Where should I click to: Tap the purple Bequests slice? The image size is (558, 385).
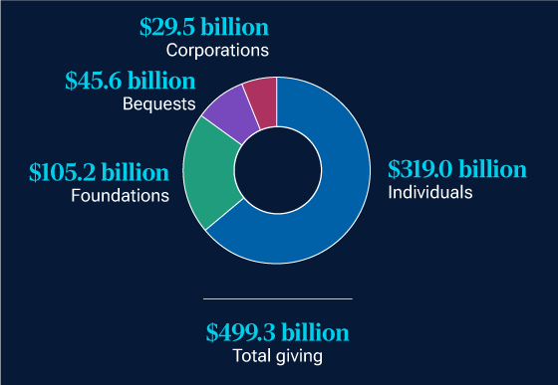pyautogui.click(x=231, y=110)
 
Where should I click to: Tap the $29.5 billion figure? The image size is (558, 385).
pyautogui.click(x=205, y=26)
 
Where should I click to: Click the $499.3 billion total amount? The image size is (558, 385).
pyautogui.click(x=278, y=332)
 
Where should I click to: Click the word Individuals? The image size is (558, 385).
pyautogui.click(x=430, y=191)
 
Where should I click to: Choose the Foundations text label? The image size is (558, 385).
pyautogui.click(x=120, y=196)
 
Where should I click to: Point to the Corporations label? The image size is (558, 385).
pyautogui.click(x=218, y=49)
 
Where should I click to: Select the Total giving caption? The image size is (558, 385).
pyautogui.click(x=278, y=355)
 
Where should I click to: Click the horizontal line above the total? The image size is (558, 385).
pyautogui.click(x=278, y=298)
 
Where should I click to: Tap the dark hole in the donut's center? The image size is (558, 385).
pyautogui.click(x=278, y=170)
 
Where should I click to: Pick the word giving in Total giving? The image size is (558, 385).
pyautogui.click(x=302, y=356)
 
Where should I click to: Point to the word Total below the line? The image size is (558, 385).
pyautogui.click(x=252, y=355)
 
